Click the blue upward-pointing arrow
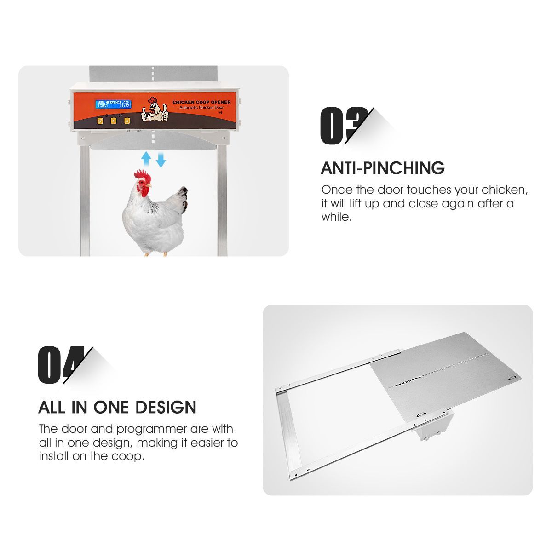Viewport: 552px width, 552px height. [146, 159]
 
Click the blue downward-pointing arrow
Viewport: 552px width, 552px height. [161, 160]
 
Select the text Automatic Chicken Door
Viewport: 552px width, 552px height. [201, 107]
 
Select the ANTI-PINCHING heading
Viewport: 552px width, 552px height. [382, 168]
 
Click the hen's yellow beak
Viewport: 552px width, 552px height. [150, 186]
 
